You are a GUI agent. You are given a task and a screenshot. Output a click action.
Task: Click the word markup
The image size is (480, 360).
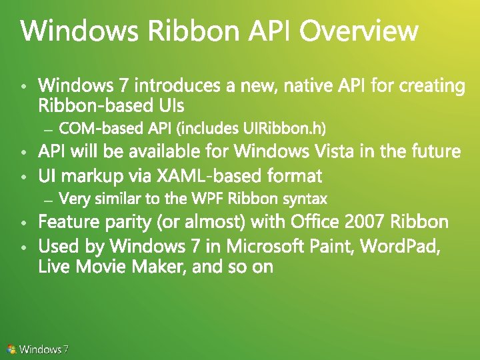click(93, 176)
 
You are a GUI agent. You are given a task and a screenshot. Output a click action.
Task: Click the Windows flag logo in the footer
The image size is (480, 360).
click(11, 349)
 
